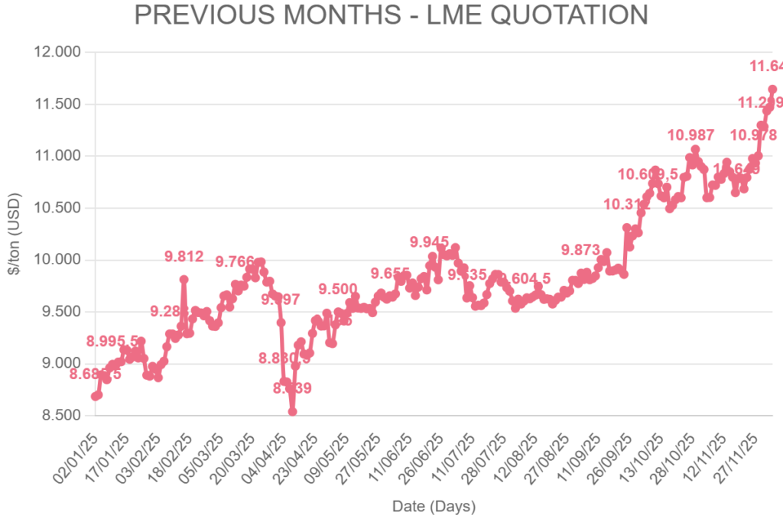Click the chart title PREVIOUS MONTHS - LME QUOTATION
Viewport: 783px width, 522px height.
pyautogui.click(x=391, y=15)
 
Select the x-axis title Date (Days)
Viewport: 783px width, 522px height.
pyautogui.click(x=434, y=507)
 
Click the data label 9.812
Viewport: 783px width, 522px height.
pyautogui.click(x=184, y=257)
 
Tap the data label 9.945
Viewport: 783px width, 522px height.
pyautogui.click(x=430, y=242)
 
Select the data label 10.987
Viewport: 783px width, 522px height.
pyautogui.click(x=690, y=135)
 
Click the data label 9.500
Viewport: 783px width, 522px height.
pyautogui.click(x=337, y=288)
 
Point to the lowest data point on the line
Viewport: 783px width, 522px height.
pyautogui.click(x=292, y=411)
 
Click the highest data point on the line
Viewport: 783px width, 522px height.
pyautogui.click(x=772, y=89)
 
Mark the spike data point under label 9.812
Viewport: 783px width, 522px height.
pyautogui.click(x=184, y=280)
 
